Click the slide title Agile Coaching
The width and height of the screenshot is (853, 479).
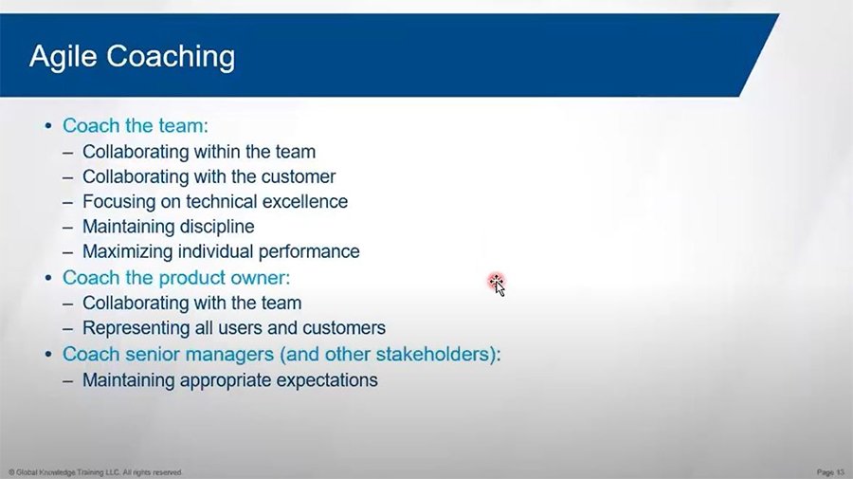132,57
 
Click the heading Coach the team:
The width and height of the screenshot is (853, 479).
136,126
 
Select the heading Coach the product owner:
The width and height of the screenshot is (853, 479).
176,278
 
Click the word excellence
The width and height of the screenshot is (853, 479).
304,201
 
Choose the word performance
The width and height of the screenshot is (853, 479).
309,252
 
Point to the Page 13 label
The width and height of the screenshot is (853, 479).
830,472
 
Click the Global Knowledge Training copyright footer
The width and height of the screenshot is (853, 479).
95,472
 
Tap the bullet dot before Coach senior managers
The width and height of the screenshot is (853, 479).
48,355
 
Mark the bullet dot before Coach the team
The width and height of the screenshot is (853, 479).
48,126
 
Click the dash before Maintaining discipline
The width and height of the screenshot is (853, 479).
67,228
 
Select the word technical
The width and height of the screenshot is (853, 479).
222,201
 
